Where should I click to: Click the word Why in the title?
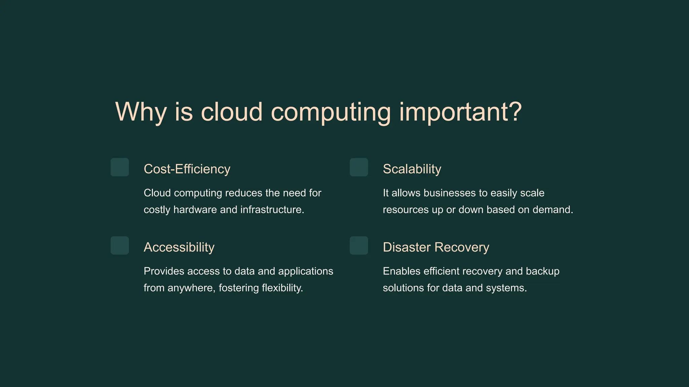141,112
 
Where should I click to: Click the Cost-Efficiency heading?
187,169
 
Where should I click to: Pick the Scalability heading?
412,169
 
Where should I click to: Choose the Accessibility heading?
179,247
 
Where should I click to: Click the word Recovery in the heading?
462,247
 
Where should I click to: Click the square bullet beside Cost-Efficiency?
120,167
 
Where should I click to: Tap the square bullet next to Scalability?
359,167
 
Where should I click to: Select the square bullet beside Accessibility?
120,246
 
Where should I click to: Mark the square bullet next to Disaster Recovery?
359,246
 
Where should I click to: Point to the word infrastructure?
272,210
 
